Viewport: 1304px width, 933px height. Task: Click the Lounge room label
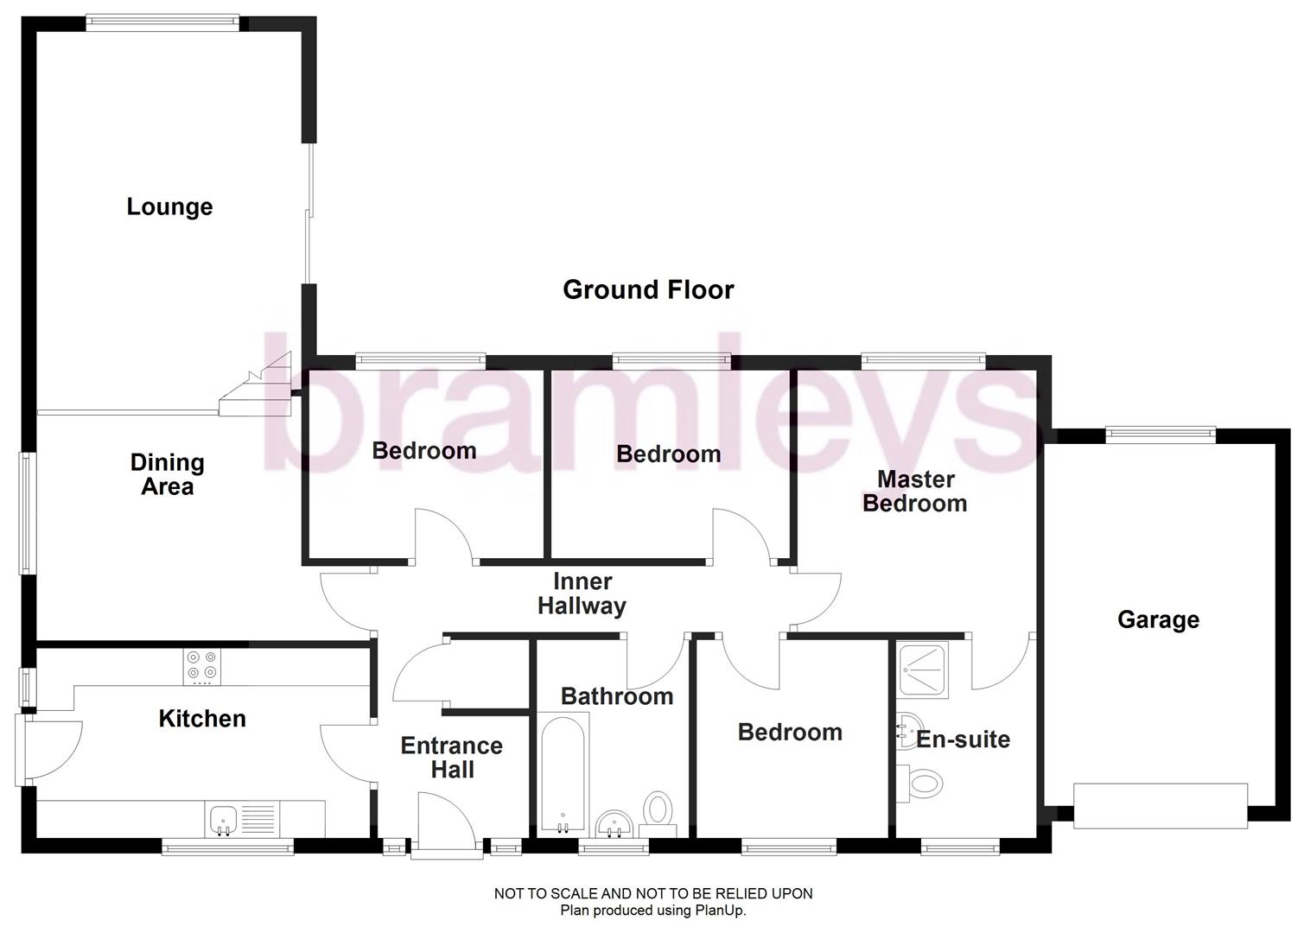coord(169,207)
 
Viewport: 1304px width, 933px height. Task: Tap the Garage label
coord(1158,619)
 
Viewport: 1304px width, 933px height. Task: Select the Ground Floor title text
coord(648,289)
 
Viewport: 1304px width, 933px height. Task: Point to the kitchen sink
coord(224,817)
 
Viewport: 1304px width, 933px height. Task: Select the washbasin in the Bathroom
coord(614,823)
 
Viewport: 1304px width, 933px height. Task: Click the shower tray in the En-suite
coord(923,669)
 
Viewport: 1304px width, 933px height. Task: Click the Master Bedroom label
coord(915,491)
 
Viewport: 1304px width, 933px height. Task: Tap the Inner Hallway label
coord(582,593)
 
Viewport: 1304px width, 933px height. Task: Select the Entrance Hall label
coord(452,758)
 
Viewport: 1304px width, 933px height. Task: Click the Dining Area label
coord(168,474)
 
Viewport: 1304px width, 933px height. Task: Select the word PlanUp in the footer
coord(720,910)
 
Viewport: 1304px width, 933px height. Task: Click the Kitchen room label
coord(202,719)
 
